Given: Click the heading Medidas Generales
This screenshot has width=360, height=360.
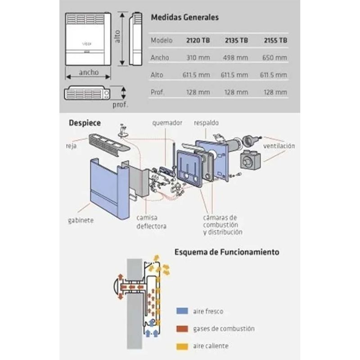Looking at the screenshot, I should (x=184, y=18).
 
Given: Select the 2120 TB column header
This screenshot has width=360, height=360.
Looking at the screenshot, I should (x=198, y=40).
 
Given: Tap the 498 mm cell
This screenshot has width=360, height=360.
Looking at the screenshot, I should (x=235, y=58).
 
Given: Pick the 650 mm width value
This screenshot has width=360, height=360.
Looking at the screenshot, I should (x=274, y=58).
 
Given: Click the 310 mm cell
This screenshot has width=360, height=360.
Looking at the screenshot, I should (x=198, y=58).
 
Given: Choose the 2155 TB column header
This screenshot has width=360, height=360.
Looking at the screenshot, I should (x=274, y=40).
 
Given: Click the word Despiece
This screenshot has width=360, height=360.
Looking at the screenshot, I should (x=85, y=122).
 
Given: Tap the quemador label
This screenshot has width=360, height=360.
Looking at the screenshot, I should (x=167, y=122).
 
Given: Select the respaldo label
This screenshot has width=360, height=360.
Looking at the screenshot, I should (x=206, y=122).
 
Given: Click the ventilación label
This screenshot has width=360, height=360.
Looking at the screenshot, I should (x=279, y=146).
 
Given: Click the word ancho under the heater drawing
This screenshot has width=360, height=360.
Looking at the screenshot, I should (x=89, y=72).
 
